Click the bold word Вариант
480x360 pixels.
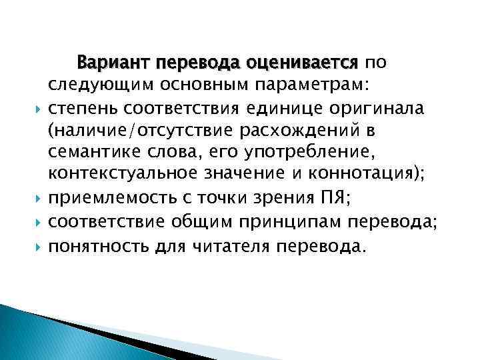(x=114, y=63)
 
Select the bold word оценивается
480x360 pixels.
(x=302, y=63)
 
